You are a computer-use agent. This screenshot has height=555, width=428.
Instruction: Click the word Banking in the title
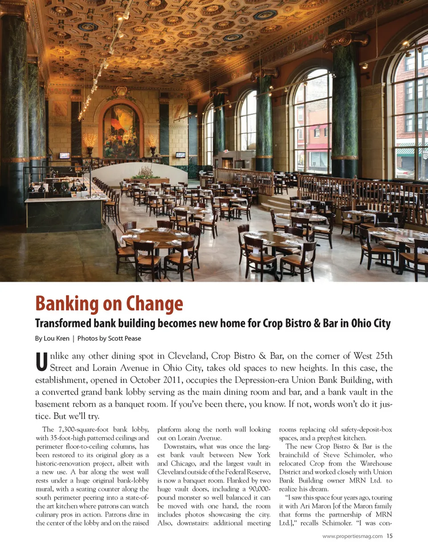(x=67, y=304)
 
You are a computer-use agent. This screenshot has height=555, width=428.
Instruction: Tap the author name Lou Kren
(x=57, y=338)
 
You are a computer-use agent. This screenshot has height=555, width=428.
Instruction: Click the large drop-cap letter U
(x=41, y=362)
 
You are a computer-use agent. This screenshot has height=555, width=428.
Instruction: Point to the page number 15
(x=389, y=536)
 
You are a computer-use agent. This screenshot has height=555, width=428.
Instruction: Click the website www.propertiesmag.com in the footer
(x=352, y=536)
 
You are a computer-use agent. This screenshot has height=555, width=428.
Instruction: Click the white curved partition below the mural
(x=138, y=172)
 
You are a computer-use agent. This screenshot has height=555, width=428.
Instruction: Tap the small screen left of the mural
(x=65, y=156)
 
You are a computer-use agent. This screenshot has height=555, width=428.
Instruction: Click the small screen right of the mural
(x=180, y=155)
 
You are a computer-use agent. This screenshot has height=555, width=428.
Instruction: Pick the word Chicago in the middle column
(x=183, y=464)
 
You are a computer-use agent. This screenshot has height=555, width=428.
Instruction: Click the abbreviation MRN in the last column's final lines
(x=383, y=514)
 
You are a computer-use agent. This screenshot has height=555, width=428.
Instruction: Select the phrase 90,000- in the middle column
(x=259, y=489)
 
